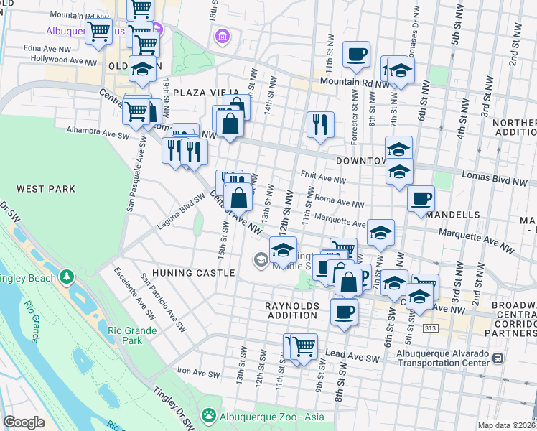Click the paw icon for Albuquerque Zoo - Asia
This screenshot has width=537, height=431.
(x=209, y=414)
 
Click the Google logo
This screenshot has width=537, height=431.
(x=24, y=422)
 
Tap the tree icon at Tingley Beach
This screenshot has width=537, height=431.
(x=67, y=275)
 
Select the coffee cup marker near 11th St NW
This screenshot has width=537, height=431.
(x=356, y=55)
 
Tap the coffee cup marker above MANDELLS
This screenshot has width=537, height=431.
(x=421, y=198)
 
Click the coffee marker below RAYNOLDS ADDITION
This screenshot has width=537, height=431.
(x=344, y=312)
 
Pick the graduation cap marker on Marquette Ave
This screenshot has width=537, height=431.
(x=380, y=233)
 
